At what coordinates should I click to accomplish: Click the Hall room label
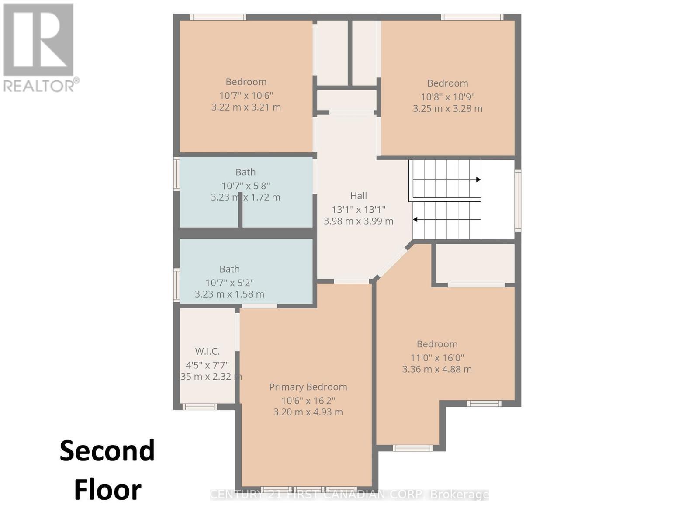[358, 196]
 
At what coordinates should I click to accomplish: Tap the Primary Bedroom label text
[308, 387]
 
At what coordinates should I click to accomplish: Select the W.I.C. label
[207, 351]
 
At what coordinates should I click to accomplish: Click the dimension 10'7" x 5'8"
[246, 186]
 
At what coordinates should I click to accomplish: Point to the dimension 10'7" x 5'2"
[229, 283]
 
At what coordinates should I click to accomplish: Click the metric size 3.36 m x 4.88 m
[437, 369]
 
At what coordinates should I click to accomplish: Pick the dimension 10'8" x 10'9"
[447, 97]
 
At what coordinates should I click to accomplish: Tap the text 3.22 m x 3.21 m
[246, 107]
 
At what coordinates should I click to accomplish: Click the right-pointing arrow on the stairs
[478, 180]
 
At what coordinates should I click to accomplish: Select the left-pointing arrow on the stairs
[415, 219]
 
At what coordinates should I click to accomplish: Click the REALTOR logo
[39, 48]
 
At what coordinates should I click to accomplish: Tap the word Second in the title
[107, 451]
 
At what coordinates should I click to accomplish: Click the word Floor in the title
[107, 490]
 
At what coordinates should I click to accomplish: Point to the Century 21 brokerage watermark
[349, 495]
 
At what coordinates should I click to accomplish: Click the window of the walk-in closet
[199, 407]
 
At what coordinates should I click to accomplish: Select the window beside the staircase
[518, 200]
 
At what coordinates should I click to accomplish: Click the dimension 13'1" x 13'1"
[358, 209]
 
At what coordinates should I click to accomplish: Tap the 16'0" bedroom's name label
[437, 344]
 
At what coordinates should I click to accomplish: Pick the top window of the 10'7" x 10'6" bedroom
[218, 17]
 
